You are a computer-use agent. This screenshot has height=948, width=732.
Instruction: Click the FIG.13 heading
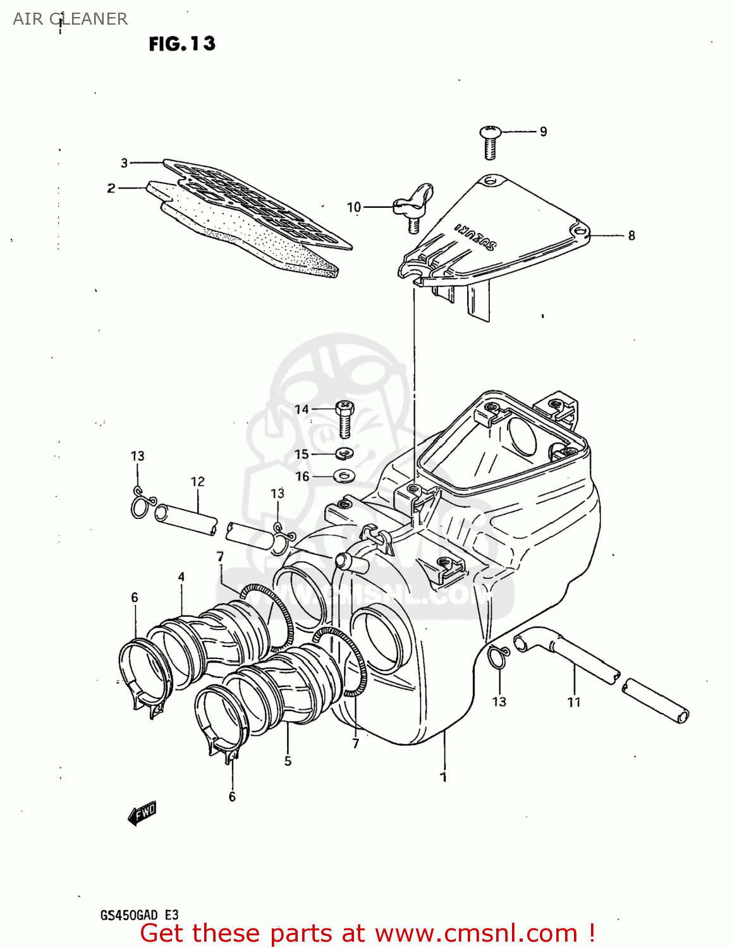pyautogui.click(x=182, y=44)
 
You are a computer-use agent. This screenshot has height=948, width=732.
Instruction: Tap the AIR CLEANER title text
pyautogui.click(x=70, y=19)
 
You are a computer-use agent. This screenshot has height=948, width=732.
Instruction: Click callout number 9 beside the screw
pyautogui.click(x=543, y=131)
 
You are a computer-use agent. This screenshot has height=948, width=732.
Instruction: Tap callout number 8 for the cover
pyautogui.click(x=631, y=235)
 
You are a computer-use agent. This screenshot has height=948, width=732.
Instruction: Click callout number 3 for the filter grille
pyautogui.click(x=125, y=163)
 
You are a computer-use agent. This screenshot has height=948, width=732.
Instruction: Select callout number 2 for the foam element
pyautogui.click(x=111, y=188)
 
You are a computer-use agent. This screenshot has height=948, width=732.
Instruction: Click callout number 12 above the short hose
pyautogui.click(x=198, y=482)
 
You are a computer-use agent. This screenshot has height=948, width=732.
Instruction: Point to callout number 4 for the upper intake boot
pyautogui.click(x=181, y=576)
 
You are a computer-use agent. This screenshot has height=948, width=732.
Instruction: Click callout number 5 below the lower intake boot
pyautogui.click(x=288, y=761)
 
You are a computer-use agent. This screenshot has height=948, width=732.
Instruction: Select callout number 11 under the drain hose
pyautogui.click(x=573, y=702)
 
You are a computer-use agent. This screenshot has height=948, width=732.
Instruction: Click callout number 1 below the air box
pyautogui.click(x=444, y=777)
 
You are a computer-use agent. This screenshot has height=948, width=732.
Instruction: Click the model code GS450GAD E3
pyautogui.click(x=139, y=915)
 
